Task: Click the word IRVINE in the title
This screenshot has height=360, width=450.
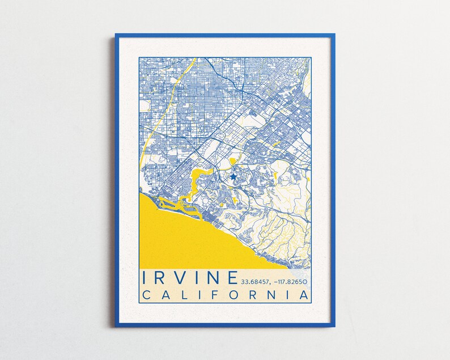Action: [190, 278]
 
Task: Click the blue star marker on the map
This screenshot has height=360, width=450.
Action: [233, 177]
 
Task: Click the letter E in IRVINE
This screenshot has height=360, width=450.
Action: [231, 278]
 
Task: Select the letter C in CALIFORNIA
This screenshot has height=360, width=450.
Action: [146, 295]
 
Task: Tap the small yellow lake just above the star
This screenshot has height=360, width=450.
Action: [233, 163]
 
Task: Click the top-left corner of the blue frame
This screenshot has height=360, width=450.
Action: [117, 35]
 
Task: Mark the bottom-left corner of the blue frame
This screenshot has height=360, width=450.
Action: [117, 326]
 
